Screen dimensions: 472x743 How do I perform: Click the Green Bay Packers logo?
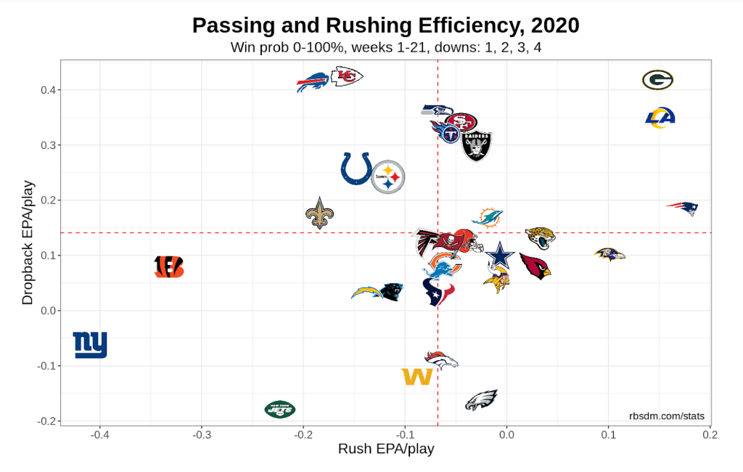657,80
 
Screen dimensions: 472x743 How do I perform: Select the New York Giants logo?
90,344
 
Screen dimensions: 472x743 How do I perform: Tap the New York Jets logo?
279,410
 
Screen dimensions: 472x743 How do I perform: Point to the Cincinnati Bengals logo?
169,267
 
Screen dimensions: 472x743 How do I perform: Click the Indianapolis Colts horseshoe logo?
356,169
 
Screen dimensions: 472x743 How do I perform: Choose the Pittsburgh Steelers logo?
388,176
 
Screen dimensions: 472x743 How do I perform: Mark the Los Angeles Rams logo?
660,118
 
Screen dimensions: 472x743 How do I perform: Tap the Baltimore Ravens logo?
609,254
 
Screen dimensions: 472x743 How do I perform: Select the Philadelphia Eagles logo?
480,400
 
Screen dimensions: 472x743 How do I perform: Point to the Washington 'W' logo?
417,377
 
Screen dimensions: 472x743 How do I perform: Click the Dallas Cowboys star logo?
499,257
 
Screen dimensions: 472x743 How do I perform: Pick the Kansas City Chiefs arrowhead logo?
347,76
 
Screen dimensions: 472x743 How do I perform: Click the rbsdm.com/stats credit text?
666,416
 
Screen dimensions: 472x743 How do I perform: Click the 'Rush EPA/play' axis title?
386,449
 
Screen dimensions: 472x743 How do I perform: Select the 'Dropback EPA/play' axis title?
28,243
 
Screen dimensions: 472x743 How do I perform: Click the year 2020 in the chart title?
555,26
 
